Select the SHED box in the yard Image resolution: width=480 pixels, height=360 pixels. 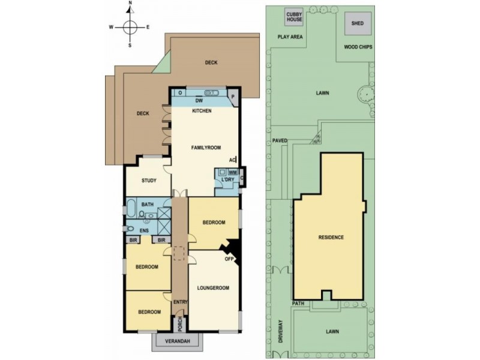pyautogui.click(x=358, y=23)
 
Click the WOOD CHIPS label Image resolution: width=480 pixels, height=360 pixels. pyautogui.click(x=360, y=46)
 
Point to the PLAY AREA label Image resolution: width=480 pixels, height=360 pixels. pyautogui.click(x=290, y=37)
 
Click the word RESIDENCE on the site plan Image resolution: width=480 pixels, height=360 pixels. pyautogui.click(x=331, y=238)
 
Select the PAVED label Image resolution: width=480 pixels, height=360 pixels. pyautogui.click(x=280, y=141)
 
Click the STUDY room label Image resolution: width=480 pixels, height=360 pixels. pyautogui.click(x=149, y=180)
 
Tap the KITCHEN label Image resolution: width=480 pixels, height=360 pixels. pyautogui.click(x=202, y=111)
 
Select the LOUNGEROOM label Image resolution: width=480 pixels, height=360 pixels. pyautogui.click(x=213, y=288)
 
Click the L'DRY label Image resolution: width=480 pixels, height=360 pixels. pyautogui.click(x=227, y=180)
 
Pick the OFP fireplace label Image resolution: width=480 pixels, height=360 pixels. pyautogui.click(x=229, y=260)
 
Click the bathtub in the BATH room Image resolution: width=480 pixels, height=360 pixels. pyautogui.click(x=131, y=208)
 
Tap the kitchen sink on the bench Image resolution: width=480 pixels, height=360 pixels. pyautogui.click(x=211, y=93)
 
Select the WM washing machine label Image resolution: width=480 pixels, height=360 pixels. pyautogui.click(x=233, y=172)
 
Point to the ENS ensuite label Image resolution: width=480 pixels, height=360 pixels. pyautogui.click(x=144, y=230)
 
